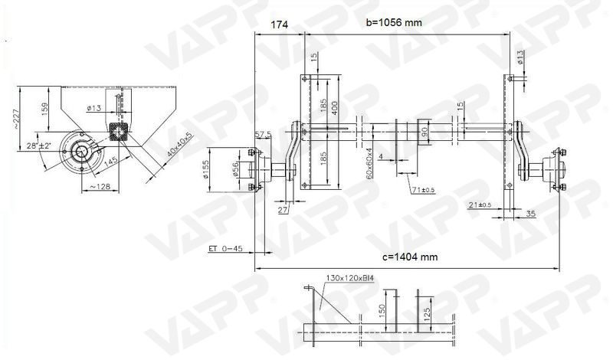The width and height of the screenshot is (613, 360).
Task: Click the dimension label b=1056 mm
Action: point(394,22)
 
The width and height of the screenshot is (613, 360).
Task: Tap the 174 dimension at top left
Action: point(280,25)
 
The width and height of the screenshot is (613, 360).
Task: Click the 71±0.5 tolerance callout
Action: point(421,188)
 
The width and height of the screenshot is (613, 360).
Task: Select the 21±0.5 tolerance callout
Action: point(479,204)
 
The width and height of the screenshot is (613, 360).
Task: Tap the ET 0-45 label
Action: point(225,248)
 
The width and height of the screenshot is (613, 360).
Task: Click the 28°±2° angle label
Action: point(38,145)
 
